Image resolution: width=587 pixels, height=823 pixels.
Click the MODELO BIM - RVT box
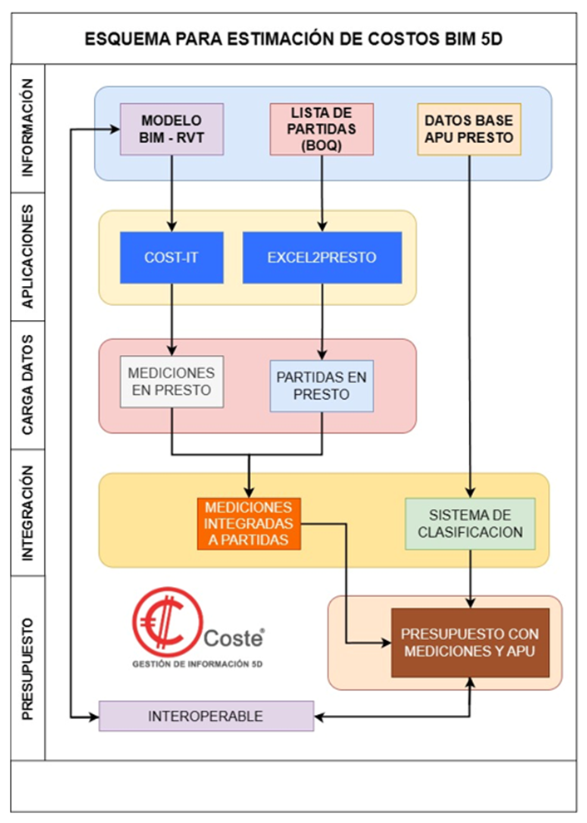172,129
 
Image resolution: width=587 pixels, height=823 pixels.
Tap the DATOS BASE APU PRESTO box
469,129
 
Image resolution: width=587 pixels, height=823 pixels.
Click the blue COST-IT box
171,258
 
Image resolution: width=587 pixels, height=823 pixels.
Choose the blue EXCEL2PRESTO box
322,258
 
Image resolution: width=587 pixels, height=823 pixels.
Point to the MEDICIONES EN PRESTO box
172,382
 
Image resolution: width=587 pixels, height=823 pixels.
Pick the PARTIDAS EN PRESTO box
322,386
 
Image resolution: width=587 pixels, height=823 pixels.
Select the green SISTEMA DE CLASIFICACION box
470,524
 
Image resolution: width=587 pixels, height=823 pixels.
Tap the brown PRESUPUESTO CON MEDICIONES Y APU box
470,643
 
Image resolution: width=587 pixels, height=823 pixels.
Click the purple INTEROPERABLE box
206,716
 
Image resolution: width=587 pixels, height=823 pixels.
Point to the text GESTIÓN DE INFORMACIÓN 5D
198,664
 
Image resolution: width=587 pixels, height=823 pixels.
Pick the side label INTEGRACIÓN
28,514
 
